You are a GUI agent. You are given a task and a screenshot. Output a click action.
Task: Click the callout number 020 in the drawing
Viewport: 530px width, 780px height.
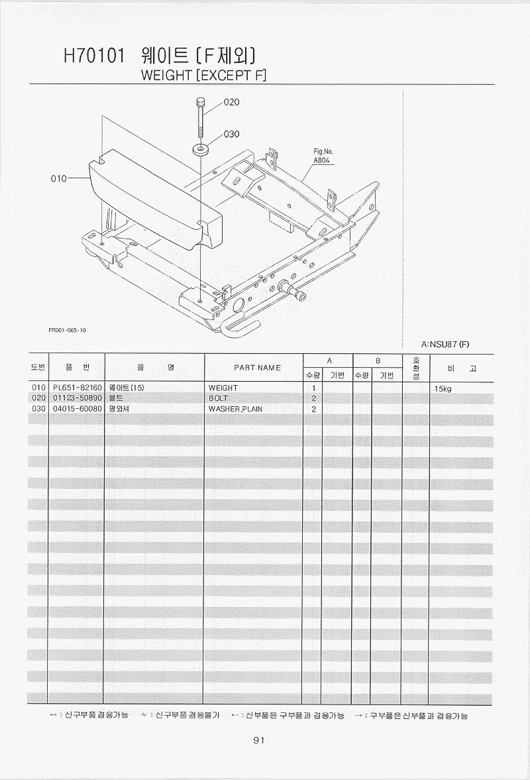coord(232,102)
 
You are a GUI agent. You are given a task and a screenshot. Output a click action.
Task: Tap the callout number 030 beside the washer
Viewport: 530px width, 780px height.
coord(232,134)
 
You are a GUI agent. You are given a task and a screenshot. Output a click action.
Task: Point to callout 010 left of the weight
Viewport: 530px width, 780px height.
coord(59,178)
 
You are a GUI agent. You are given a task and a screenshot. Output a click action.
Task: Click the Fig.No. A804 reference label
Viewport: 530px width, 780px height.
coord(323,156)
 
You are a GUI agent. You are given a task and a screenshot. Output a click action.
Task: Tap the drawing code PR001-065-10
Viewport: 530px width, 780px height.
coord(67,330)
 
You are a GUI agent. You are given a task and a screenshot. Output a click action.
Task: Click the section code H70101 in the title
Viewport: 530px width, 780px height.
coord(94,56)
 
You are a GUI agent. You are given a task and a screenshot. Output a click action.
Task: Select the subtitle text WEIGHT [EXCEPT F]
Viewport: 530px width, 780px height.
coord(204,75)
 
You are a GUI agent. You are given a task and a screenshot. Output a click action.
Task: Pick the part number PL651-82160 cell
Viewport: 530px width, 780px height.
coord(77,388)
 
